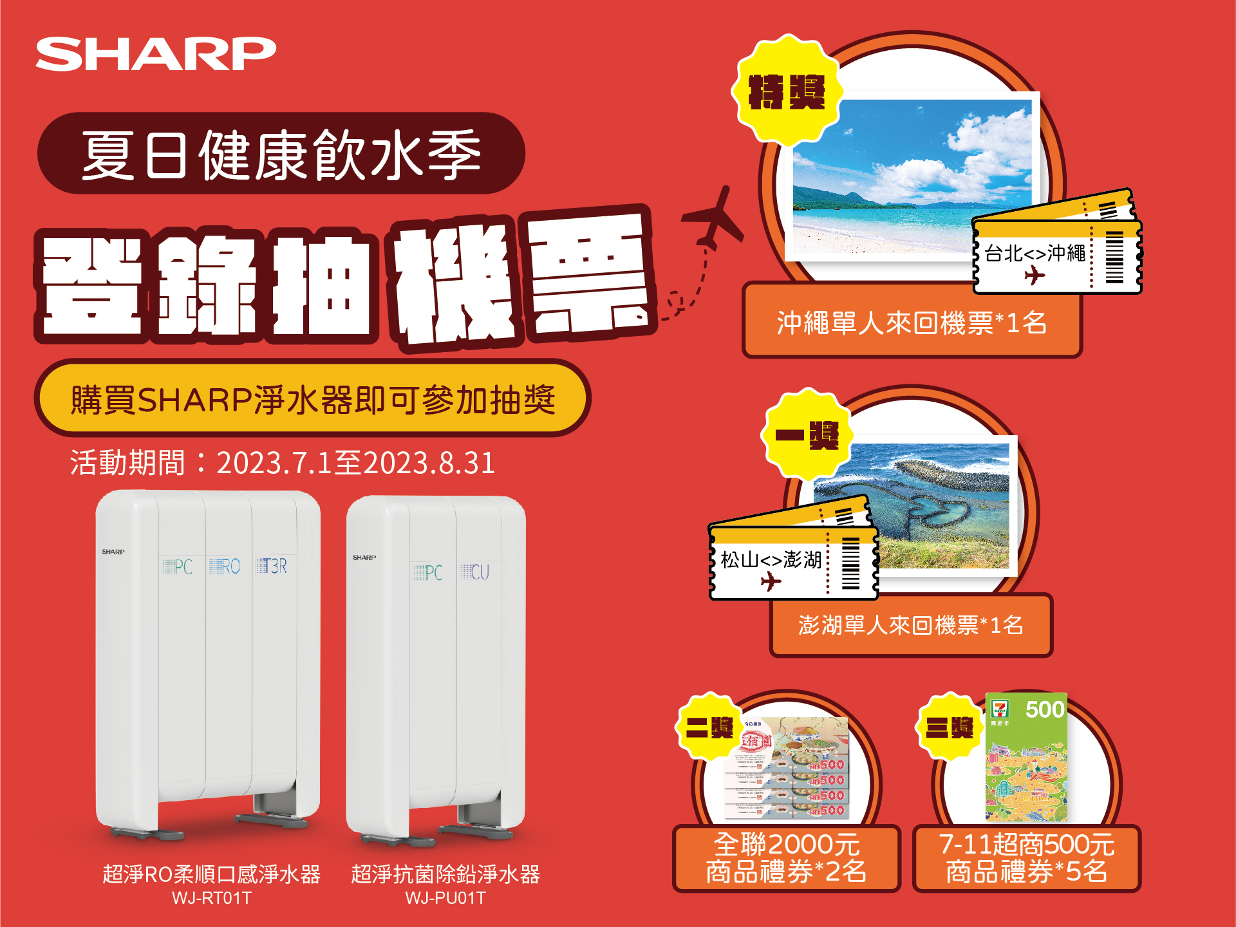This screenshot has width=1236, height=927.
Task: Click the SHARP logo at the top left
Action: coord(156,54)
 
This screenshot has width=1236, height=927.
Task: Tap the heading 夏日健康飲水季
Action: coord(281,154)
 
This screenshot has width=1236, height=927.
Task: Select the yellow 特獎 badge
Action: coord(786,91)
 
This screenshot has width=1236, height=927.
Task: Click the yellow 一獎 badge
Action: coord(807,435)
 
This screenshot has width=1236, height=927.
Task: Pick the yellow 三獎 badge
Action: coord(950,727)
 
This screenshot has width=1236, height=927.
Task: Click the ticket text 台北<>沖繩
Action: coord(1035,254)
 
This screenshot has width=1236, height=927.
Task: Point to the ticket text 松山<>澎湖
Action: coord(771,559)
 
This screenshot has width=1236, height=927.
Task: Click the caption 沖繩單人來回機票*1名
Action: coord(912,323)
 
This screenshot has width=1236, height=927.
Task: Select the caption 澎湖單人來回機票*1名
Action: coord(911,625)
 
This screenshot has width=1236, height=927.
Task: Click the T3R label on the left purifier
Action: coord(272,566)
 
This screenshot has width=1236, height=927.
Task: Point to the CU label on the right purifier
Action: coord(476,572)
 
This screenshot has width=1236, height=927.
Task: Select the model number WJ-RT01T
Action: coord(211,898)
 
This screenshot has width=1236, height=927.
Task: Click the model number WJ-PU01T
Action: coord(445,898)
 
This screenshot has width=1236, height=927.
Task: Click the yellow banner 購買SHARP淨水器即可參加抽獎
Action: coord(313,399)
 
